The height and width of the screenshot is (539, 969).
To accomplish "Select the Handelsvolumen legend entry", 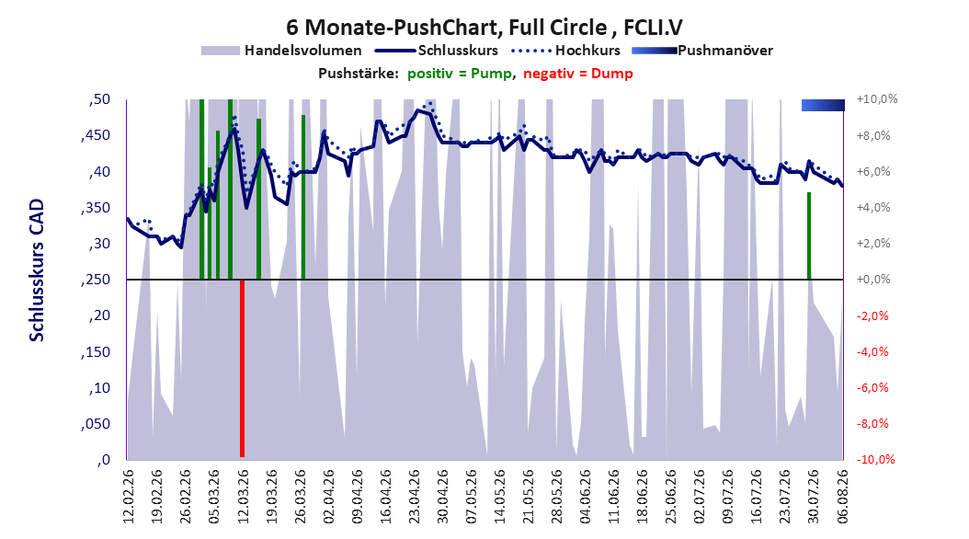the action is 282,51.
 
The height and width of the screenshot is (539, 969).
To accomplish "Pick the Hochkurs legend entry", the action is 565,51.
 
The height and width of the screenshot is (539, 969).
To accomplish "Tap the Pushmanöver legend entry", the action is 702,51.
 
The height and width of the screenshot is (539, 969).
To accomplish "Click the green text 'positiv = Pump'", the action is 460,74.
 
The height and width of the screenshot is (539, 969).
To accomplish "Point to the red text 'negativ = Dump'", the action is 578,74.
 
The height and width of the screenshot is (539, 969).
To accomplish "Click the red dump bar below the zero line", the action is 243,369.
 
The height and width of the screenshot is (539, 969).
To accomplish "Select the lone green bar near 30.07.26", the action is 808,236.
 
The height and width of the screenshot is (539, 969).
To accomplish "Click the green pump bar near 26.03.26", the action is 302,197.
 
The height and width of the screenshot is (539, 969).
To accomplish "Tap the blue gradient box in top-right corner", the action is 823,105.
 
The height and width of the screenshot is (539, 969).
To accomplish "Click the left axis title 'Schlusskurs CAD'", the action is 37,270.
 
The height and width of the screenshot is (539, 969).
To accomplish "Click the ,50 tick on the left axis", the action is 99,99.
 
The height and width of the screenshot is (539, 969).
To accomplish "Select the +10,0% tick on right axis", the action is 877,99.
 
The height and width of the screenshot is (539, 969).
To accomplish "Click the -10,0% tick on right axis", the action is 875,459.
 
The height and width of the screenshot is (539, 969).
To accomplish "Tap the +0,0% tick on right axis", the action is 873,280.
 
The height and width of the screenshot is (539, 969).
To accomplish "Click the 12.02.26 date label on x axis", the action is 129,497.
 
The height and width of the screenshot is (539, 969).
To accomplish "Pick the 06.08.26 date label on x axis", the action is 842,497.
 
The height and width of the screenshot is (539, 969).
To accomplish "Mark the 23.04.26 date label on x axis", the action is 414,497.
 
